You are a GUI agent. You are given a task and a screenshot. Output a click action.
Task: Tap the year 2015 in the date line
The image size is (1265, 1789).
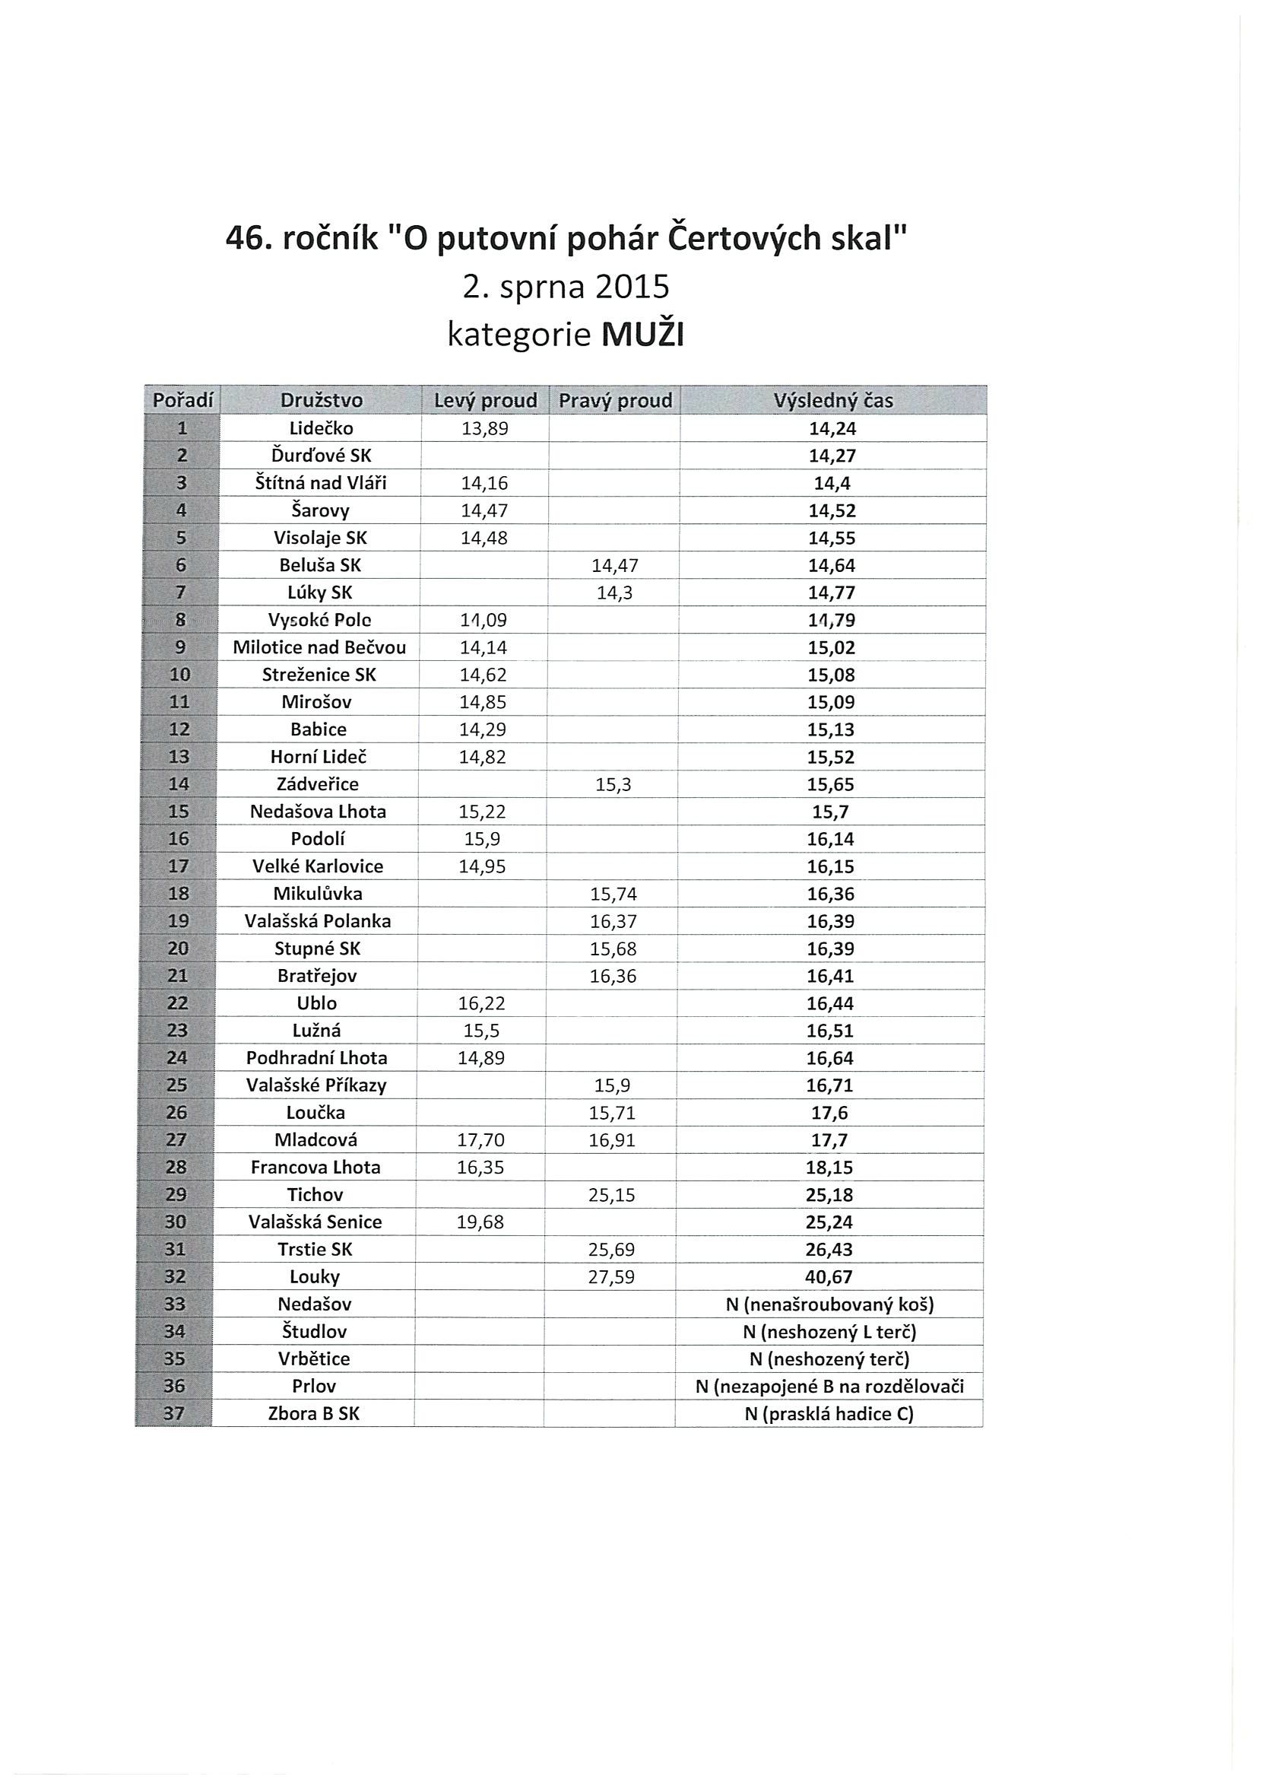pos(632,287)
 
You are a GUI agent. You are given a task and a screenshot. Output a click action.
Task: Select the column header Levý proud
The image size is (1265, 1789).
pos(485,401)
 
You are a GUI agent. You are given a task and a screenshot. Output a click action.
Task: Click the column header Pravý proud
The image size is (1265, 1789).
pos(615,401)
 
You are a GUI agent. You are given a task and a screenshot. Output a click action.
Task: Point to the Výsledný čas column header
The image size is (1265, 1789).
pos(832,401)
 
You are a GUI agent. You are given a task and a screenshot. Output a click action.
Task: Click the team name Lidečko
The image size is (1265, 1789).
pos(321,428)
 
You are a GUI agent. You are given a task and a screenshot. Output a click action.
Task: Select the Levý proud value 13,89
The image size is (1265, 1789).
pos(484,428)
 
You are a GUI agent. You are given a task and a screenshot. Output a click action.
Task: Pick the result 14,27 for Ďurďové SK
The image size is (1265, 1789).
pos(832,456)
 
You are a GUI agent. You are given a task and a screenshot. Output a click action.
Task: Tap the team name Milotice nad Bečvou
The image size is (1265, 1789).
pos(319,647)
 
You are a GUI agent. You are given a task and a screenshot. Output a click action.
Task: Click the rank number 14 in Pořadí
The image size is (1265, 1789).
pos(179,784)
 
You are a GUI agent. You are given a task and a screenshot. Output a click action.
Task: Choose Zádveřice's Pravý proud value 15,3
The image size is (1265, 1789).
pos(613,785)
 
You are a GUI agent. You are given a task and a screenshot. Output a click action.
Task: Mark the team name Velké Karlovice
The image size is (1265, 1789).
pos(318,866)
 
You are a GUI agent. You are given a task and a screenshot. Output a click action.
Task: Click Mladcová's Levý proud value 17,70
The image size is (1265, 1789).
pos(480,1140)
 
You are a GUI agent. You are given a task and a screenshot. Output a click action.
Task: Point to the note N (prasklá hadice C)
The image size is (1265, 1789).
pos(829,1413)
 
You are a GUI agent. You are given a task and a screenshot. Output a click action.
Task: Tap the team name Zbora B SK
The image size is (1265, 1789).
pos(314,1413)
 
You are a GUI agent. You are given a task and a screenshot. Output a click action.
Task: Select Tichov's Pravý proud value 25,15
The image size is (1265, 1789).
pos(611,1194)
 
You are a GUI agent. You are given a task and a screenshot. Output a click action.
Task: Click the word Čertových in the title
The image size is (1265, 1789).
pos(746,237)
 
